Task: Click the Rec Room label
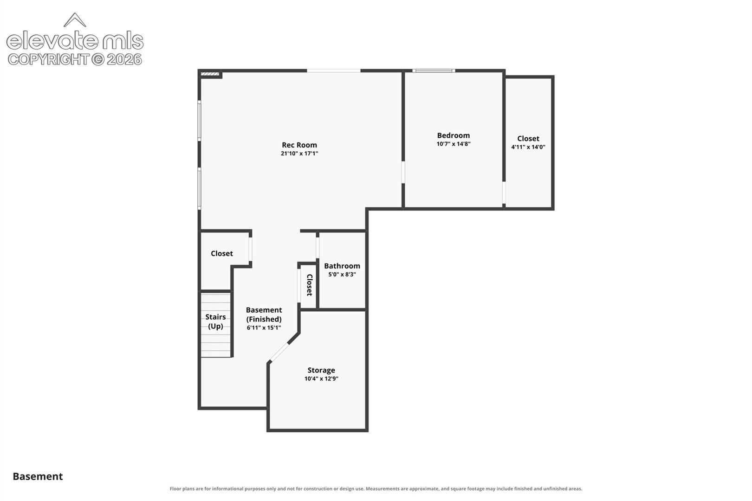299,145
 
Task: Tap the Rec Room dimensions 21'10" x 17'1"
299,154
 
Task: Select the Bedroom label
453,135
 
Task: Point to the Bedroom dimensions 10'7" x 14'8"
453,144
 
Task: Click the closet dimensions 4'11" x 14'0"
528,147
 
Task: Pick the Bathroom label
342,266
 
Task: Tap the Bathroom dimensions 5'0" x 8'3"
342,275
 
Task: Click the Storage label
321,370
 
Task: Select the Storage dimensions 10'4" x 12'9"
321,379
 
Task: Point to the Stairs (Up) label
215,321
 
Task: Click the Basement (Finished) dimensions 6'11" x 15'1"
264,328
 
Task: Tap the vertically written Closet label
310,285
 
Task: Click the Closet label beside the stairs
221,253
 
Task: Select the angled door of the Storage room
279,352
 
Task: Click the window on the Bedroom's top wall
434,71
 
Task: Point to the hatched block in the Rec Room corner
210,74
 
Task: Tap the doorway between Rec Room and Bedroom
403,172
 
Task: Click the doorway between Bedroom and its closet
504,193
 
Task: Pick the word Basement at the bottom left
38,476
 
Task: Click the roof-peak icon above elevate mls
75,20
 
